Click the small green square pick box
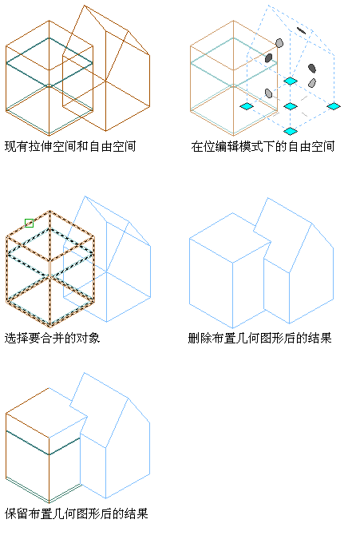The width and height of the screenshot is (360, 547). [29, 223]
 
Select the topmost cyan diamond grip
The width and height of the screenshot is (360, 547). [291, 81]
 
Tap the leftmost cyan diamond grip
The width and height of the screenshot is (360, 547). [247, 106]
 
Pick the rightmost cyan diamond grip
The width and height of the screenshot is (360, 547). [334, 106]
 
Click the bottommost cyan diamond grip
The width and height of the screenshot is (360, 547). [291, 131]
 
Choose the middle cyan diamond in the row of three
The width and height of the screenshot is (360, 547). [291, 106]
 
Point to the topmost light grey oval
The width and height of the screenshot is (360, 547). [279, 43]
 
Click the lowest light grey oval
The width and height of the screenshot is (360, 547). [268, 93]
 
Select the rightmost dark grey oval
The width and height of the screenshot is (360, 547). [312, 69]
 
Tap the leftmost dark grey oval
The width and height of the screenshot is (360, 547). [268, 57]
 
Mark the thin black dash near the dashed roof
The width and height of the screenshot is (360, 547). [301, 30]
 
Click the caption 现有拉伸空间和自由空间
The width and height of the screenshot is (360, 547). [70, 146]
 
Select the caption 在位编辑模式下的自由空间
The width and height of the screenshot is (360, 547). [263, 146]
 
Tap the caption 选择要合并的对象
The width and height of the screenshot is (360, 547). [53, 338]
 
